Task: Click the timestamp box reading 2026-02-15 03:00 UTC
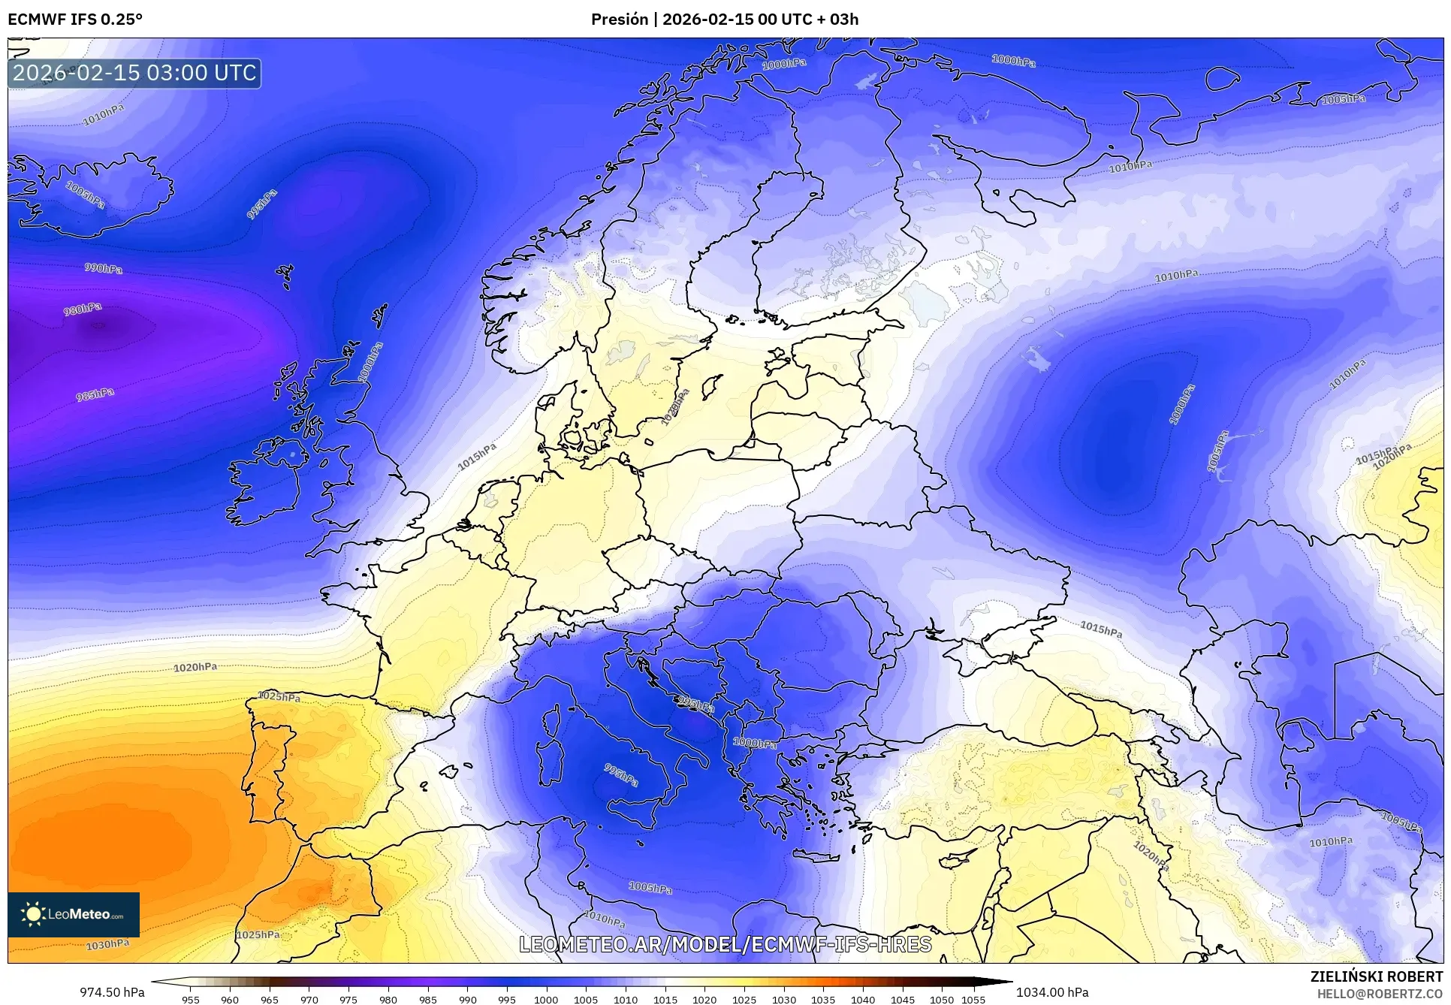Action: pos(134,73)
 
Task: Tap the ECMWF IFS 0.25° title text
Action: pos(75,20)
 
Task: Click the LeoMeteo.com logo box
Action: pos(74,914)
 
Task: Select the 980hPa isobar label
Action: pos(83,309)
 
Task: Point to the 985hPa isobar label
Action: pos(95,394)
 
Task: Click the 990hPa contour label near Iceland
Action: pos(103,268)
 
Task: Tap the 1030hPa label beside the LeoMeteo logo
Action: pos(107,944)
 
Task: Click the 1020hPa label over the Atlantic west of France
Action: pos(195,667)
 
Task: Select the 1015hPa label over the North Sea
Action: pos(478,457)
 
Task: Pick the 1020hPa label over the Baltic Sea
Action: pos(674,408)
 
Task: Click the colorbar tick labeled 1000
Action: pos(546,999)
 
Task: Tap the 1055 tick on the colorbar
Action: pos(973,999)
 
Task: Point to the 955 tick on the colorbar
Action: pos(191,999)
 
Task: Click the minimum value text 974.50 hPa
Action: pos(112,992)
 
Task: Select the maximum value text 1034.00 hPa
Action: pos(1052,992)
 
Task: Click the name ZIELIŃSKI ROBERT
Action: pos(1376,976)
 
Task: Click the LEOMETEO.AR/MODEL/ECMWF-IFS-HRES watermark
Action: pos(725,944)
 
